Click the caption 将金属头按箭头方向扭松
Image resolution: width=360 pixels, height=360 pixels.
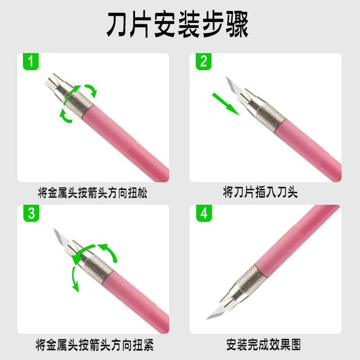pos(93,193)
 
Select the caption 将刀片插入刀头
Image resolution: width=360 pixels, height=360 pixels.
pos(261,193)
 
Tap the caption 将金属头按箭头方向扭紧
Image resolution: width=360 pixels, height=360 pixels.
pos(94,346)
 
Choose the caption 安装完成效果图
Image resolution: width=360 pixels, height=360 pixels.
pos(263,346)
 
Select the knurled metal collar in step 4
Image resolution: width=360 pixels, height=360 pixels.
pos(246,276)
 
